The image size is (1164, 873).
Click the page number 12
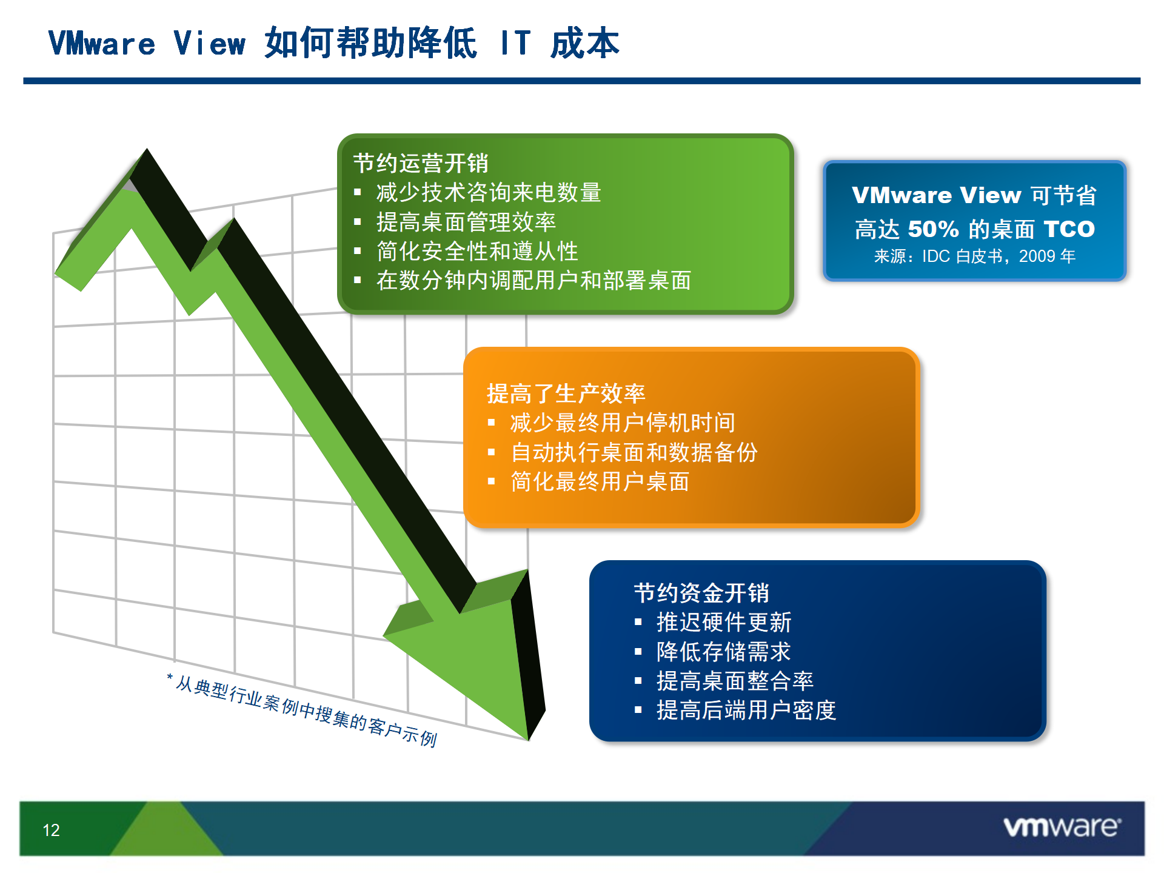tap(52, 830)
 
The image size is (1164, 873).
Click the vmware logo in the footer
tap(1062, 827)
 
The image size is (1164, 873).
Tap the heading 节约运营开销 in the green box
tap(421, 163)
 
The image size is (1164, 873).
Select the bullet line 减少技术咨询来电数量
tap(489, 192)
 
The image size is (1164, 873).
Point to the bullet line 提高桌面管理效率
tap(466, 222)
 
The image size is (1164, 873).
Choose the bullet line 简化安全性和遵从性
tap(477, 251)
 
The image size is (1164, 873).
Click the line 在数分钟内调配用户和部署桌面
tap(533, 280)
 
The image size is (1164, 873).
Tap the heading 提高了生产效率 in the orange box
tap(566, 393)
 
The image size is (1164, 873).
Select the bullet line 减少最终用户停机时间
tap(623, 423)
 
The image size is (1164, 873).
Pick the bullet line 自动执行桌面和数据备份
tap(634, 452)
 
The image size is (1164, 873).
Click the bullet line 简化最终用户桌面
tap(600, 481)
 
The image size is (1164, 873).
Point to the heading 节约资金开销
tap(701, 593)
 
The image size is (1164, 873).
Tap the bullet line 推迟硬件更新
tap(724, 622)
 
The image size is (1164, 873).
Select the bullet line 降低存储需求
tap(724, 652)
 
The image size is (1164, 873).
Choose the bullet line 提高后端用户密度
tap(746, 710)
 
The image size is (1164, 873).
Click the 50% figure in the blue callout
tap(934, 229)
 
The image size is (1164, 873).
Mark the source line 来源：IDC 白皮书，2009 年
tap(975, 256)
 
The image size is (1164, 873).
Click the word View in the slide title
tap(210, 44)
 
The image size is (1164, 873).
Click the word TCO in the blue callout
tap(1069, 229)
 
